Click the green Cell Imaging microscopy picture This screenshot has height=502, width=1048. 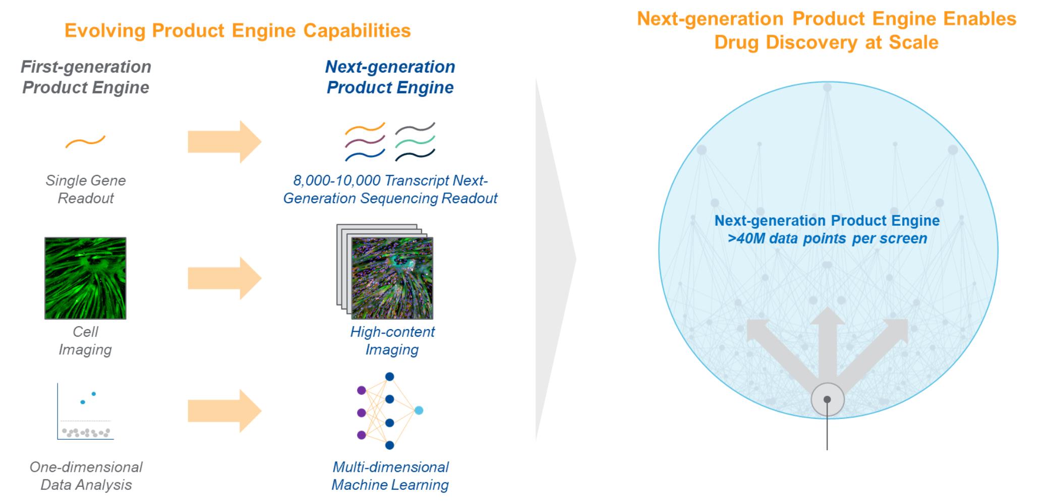coord(85,278)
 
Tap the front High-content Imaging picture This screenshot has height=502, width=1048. coord(392,278)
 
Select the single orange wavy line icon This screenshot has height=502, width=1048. coord(85,142)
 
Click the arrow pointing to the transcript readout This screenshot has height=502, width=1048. coord(224,142)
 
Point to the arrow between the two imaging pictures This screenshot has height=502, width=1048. coord(224,278)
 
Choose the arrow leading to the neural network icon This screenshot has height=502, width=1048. coord(224,411)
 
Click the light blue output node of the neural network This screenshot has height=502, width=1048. coord(419,410)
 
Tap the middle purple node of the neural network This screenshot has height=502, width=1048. coord(361,413)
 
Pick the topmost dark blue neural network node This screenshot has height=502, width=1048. coord(389,377)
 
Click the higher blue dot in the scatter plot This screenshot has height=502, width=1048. coord(94,394)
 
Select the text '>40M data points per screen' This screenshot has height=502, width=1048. coord(827,238)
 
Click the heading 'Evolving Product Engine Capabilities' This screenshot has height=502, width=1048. coord(238,31)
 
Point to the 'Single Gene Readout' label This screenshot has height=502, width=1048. coord(86,189)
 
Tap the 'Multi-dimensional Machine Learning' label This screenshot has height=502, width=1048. coord(390,476)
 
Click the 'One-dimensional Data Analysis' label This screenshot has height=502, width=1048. coord(86,476)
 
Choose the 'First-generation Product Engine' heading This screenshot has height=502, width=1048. coord(86,77)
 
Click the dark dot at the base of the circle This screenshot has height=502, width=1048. coord(827,399)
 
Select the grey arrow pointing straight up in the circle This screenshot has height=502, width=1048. coord(828,343)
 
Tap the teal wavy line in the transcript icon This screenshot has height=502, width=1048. coord(415,142)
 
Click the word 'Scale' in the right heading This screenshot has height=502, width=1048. coord(914,42)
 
